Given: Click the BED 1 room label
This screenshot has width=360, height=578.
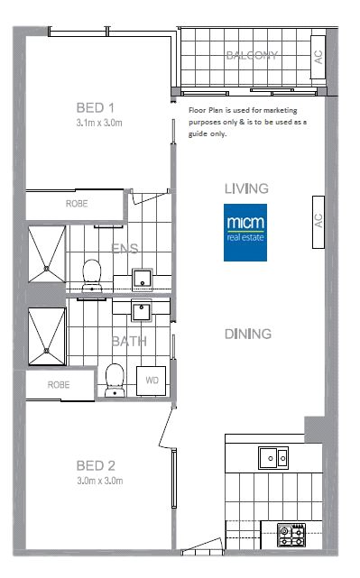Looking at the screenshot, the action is click(x=95, y=107).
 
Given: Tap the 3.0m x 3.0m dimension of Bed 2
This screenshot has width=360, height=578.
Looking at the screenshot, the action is click(x=100, y=481).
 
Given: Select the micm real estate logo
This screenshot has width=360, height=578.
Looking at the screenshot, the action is click(x=245, y=233).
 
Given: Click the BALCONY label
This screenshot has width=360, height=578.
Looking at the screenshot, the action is click(x=252, y=55).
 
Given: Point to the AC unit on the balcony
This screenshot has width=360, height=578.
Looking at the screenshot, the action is click(x=318, y=57).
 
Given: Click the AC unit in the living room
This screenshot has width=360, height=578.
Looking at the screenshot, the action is click(x=318, y=223).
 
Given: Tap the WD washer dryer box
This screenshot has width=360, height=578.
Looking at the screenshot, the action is click(x=152, y=381).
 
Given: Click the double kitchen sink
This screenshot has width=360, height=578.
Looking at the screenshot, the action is click(x=273, y=458).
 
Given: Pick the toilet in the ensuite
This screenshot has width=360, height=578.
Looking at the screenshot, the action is click(x=92, y=276).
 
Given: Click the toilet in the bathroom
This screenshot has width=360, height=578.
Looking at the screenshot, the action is click(x=115, y=380).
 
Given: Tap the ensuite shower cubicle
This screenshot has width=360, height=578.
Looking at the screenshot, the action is click(x=47, y=254).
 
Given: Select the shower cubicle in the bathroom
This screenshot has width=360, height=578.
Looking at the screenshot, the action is click(x=47, y=336).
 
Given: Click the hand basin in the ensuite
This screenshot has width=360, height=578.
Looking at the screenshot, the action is click(x=143, y=280).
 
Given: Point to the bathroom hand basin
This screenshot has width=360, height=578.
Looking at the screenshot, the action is click(x=142, y=311).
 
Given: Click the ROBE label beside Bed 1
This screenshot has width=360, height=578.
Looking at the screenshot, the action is click(x=77, y=204).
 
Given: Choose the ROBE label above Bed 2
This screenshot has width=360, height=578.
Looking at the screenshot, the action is click(x=59, y=385).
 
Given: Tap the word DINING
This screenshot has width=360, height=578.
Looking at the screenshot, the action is click(x=248, y=334).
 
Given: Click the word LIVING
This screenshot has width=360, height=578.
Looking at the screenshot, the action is click(x=246, y=188).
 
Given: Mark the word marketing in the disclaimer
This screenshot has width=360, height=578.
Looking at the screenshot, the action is click(x=281, y=110).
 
